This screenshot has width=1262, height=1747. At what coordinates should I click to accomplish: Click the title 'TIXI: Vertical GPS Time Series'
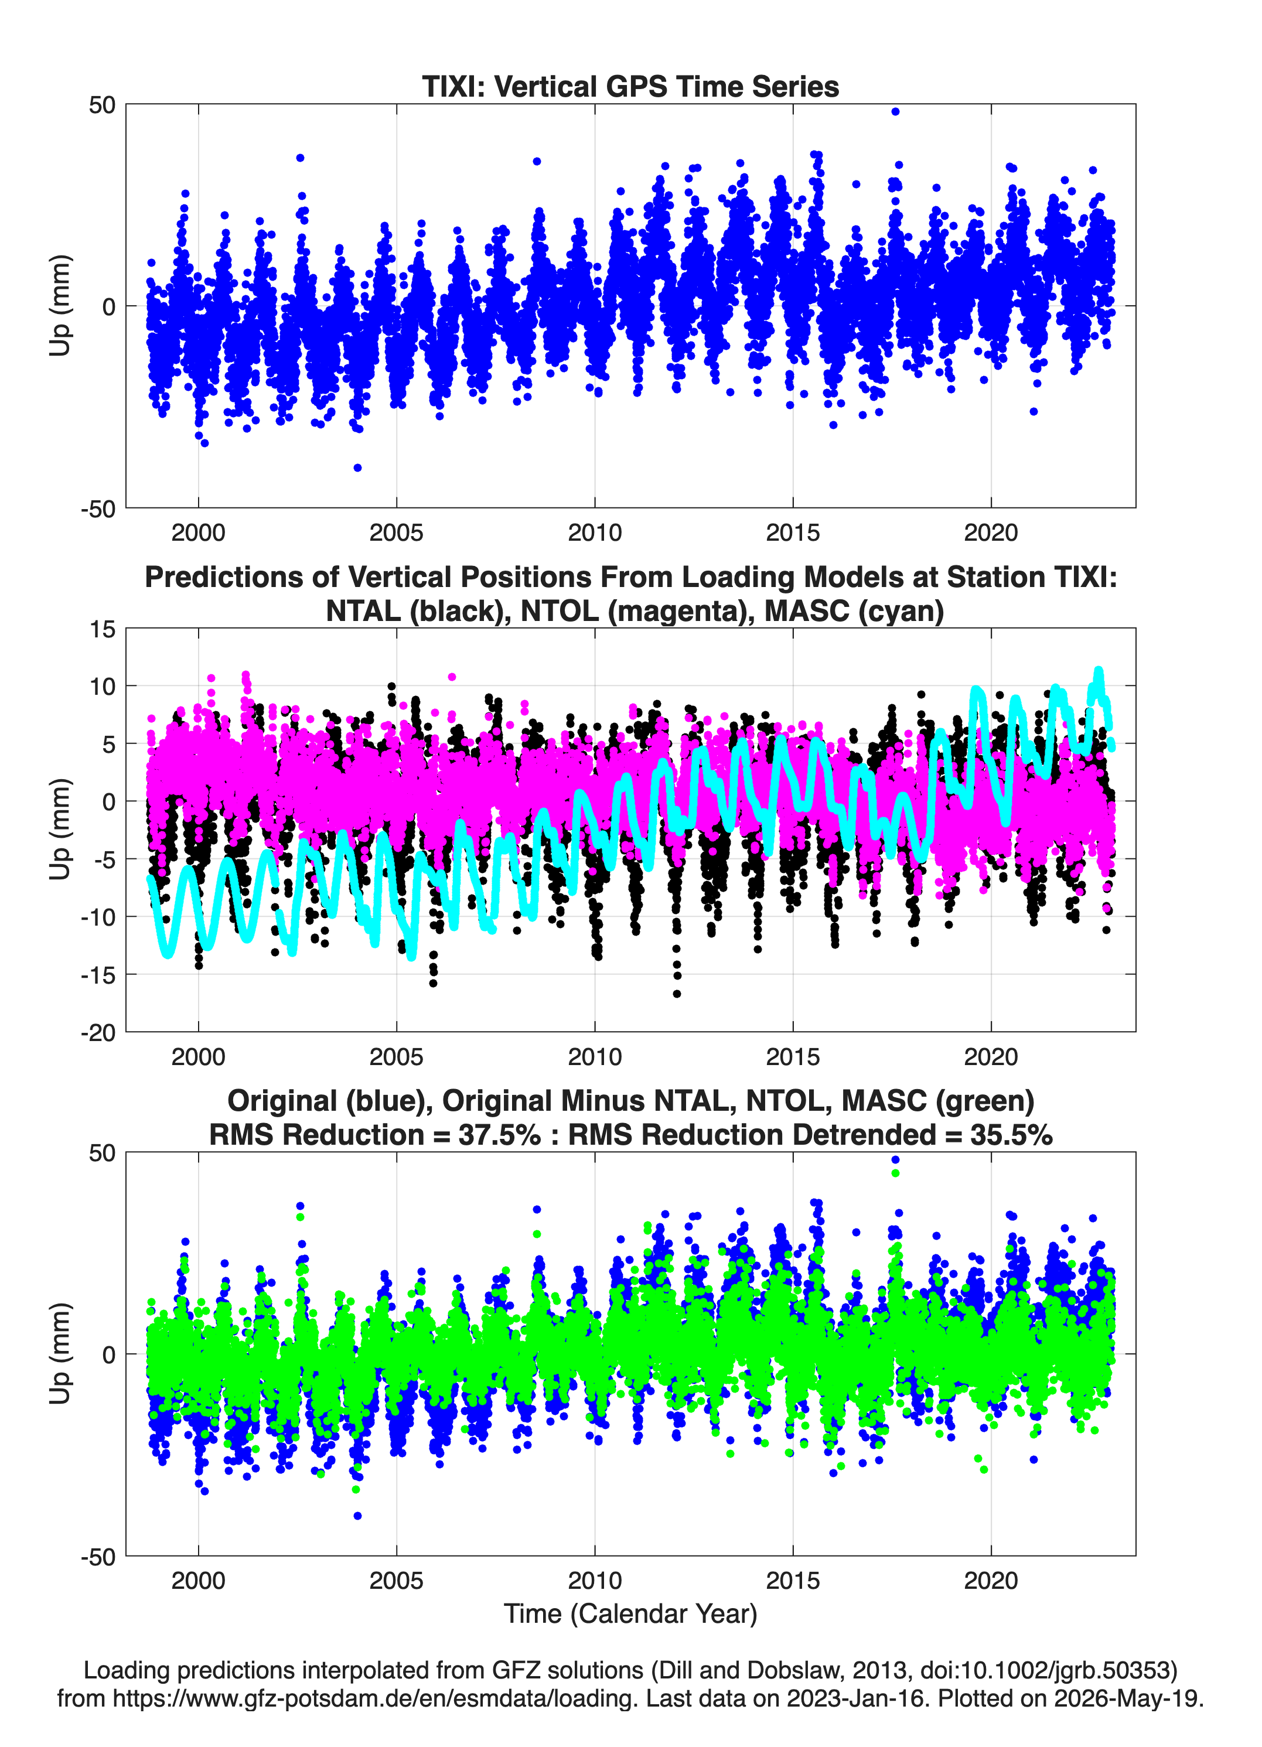(x=630, y=86)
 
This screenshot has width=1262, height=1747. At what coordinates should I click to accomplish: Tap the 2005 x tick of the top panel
(x=396, y=533)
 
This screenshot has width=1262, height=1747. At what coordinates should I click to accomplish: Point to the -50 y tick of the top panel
(x=98, y=509)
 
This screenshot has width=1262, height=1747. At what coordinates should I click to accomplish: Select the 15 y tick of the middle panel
(x=103, y=629)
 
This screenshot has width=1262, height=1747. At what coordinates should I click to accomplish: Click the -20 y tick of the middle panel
(x=98, y=1032)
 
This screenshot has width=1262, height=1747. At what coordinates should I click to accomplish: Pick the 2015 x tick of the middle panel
(x=793, y=1056)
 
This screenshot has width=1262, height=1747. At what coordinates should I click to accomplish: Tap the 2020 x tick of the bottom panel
(x=991, y=1581)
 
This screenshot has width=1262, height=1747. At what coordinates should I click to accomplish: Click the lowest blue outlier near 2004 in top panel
(x=357, y=468)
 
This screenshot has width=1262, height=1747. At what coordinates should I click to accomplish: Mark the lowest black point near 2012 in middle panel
(x=677, y=994)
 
